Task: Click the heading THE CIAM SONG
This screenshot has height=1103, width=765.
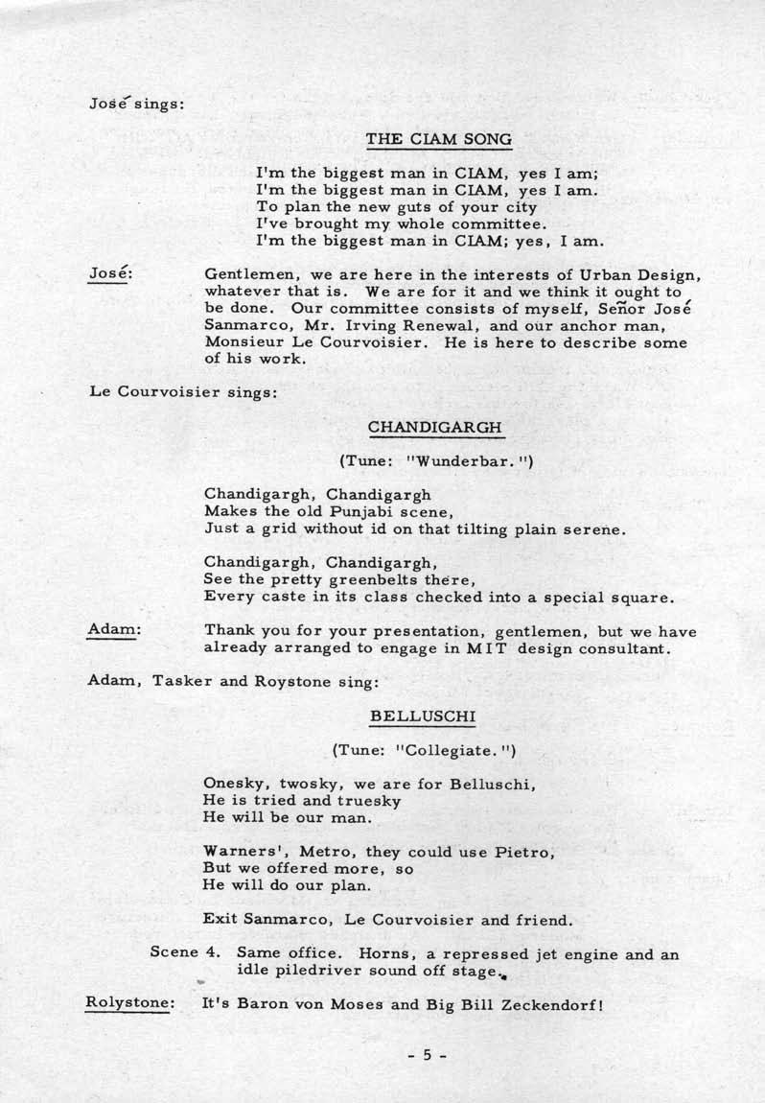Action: click(x=439, y=139)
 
